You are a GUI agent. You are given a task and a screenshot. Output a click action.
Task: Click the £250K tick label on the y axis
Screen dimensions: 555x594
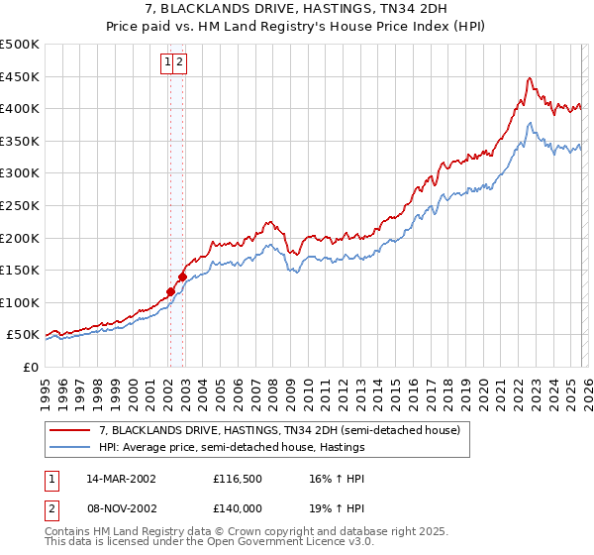tap(20, 206)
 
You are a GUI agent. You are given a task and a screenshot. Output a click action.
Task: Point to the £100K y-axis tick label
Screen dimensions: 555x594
tap(20, 303)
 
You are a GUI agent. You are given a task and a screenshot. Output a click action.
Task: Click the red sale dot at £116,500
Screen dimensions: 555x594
tap(170, 291)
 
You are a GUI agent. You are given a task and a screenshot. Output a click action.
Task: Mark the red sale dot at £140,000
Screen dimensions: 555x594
tap(182, 277)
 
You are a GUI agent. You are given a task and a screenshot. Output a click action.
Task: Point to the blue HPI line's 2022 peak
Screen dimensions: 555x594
tap(531, 123)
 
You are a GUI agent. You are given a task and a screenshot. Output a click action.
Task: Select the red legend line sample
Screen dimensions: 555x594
tap(69, 431)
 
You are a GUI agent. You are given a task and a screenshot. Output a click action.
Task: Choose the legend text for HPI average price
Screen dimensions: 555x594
tap(232, 447)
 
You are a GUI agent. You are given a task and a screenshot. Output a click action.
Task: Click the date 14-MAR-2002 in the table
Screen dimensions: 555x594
tap(121, 479)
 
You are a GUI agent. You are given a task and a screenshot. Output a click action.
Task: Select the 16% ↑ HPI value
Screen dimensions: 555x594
tap(323, 479)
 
